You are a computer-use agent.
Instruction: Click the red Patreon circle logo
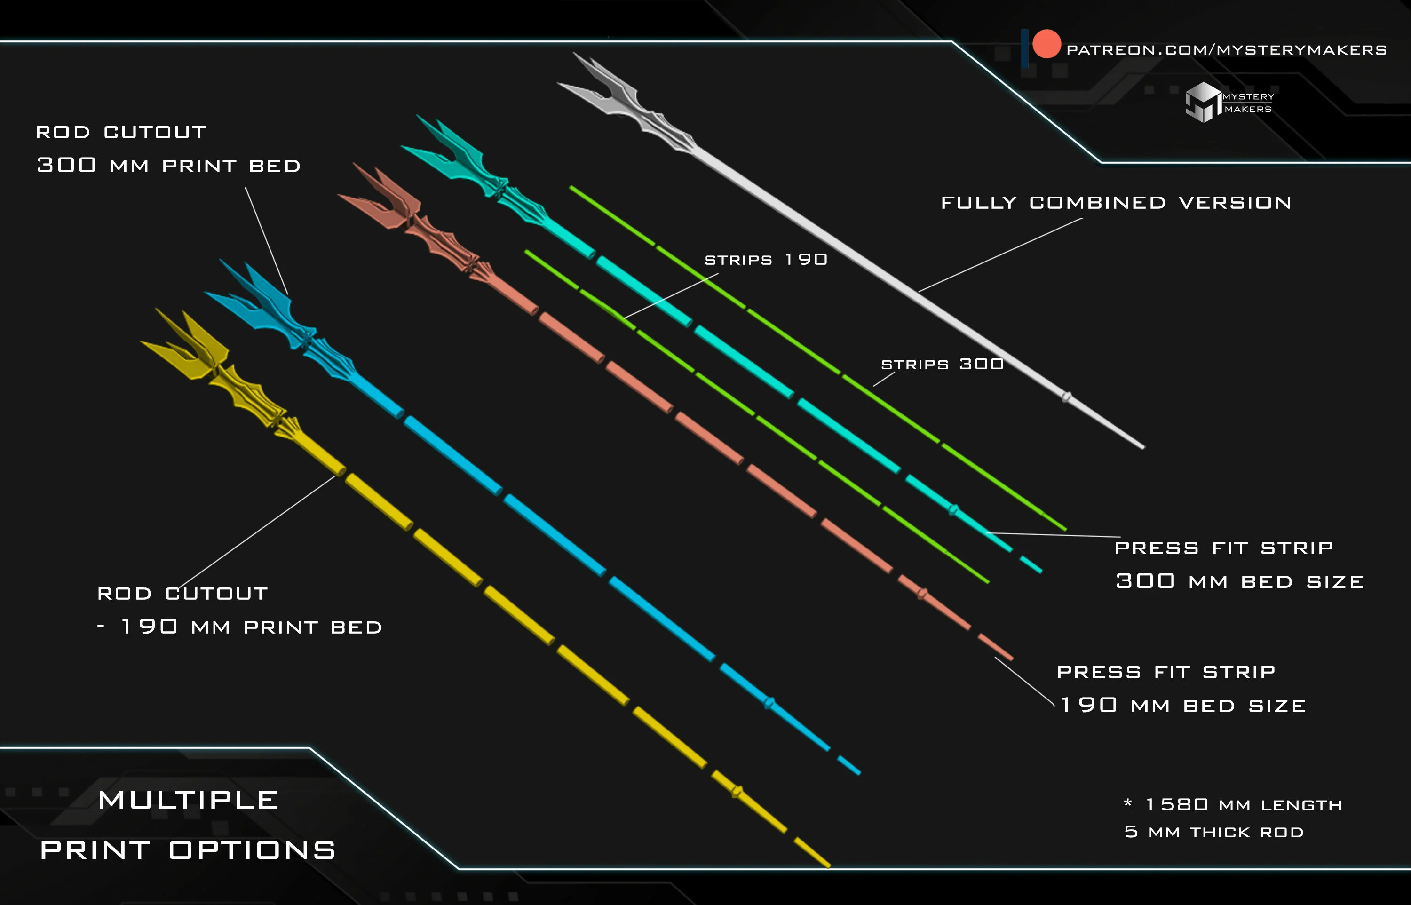pyautogui.click(x=1046, y=44)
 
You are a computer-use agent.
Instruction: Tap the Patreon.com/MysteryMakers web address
pyautogui.click(x=1227, y=50)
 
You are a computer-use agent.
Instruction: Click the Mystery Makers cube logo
pyautogui.click(x=1203, y=102)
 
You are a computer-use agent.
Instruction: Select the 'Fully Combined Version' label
pyautogui.click(x=1116, y=203)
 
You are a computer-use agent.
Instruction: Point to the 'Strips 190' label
pyautogui.click(x=766, y=260)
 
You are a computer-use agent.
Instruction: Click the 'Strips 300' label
pyautogui.click(x=942, y=365)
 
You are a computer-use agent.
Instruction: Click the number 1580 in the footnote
pyautogui.click(x=1177, y=804)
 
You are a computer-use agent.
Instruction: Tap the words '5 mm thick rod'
pyautogui.click(x=1213, y=832)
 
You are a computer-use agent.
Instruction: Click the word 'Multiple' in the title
pyautogui.click(x=188, y=801)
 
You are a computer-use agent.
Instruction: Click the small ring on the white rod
pyautogui.click(x=1066, y=397)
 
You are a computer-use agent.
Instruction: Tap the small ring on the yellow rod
pyautogui.click(x=737, y=792)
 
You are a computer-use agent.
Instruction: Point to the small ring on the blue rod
pyautogui.click(x=769, y=703)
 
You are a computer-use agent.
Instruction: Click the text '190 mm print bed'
pyautogui.click(x=252, y=627)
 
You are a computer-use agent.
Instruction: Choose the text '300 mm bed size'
pyautogui.click(x=1239, y=581)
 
